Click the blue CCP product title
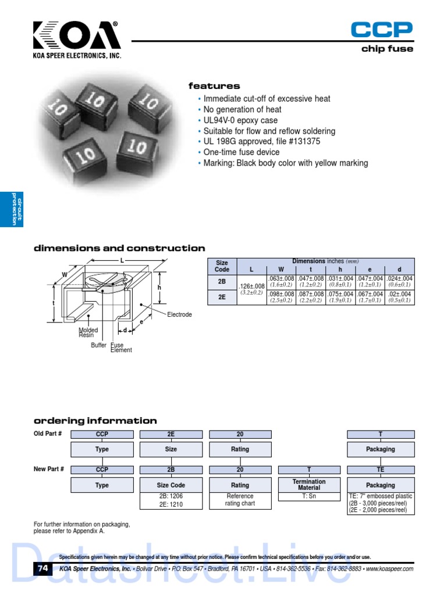382,29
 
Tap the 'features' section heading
214,86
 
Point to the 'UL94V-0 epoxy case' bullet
240,120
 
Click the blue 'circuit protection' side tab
12,209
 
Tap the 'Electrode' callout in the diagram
179,314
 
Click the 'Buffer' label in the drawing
98,345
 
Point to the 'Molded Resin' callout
88,333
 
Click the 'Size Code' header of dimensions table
222,266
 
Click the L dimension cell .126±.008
251,286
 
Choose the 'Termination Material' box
309,485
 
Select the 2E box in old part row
171,434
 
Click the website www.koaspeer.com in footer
389,569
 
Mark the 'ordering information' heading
95,421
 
